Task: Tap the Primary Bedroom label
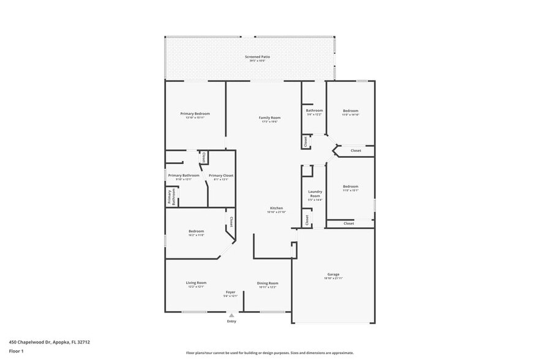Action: pos(195,113)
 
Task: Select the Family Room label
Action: pos(269,117)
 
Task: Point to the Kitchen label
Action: pos(276,208)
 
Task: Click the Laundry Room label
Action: pos(315,193)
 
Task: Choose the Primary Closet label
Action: pos(220,176)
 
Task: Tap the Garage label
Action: pos(333,274)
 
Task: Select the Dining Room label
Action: pos(268,283)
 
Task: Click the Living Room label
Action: pos(196,282)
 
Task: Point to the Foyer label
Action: pos(230,292)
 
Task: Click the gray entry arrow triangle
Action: pos(231,315)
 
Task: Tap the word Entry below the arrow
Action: pos(231,321)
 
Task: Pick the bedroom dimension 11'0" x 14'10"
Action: pos(350,114)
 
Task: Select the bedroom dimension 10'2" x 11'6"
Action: pos(196,234)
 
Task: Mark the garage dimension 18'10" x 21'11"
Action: pos(333,279)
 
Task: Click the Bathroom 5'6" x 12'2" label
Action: pos(314,112)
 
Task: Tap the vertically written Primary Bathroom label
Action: pos(171,197)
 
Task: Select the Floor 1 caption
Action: pos(16,351)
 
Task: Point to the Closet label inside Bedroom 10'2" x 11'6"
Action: pos(231,222)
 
